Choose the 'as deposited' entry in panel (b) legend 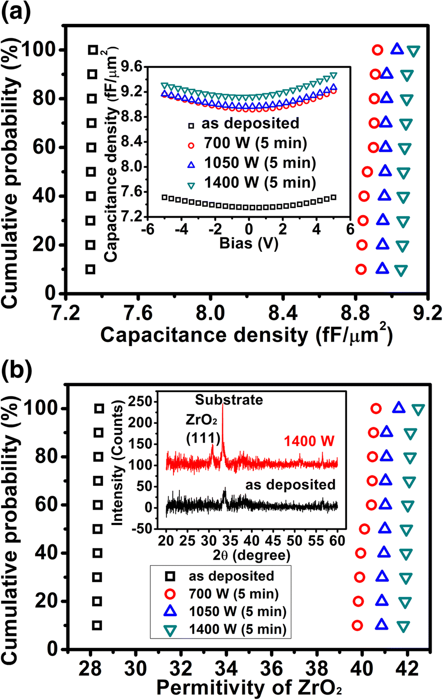pyautogui.click(x=230, y=576)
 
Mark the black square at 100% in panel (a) pyautogui.click(x=93, y=50)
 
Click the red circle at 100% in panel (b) pyautogui.click(x=376, y=408)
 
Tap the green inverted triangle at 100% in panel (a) pyautogui.click(x=413, y=51)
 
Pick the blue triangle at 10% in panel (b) pyautogui.click(x=381, y=624)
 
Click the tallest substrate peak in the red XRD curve pyautogui.click(x=223, y=408)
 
